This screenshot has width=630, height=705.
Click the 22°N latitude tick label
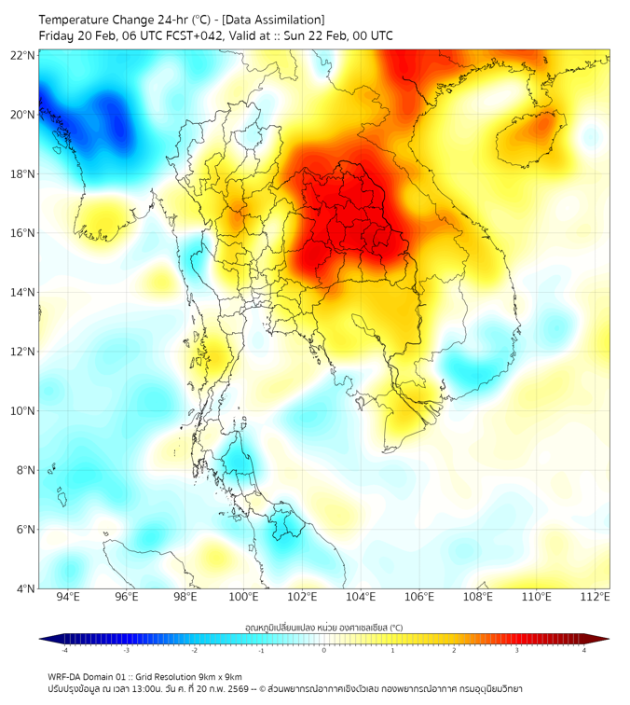23,55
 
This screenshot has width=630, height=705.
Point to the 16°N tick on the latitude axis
23,233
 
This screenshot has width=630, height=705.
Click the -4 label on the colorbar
65,650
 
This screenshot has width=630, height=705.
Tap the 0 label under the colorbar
324,650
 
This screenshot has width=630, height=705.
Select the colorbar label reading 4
583,650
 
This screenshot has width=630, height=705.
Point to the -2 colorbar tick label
195,650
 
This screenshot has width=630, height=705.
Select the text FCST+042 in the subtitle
195,35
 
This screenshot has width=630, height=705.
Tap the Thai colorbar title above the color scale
323,628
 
